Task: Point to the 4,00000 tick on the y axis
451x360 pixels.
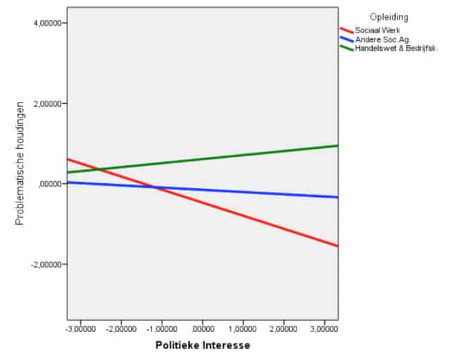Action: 47,24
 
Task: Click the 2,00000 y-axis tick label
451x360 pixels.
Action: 47,104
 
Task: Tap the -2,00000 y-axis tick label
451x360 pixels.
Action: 46,265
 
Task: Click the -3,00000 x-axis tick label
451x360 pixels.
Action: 80,329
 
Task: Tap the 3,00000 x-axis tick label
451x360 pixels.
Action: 325,329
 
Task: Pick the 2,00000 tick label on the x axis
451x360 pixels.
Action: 284,329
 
